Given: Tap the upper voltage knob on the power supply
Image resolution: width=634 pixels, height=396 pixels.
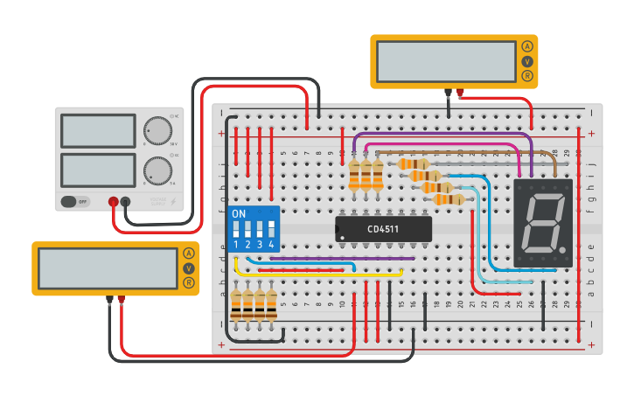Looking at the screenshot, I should pos(158,130).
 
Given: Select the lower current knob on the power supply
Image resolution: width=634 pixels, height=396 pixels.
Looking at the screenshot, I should pos(158,170).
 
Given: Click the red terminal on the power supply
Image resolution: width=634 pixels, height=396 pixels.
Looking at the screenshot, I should pos(114,202).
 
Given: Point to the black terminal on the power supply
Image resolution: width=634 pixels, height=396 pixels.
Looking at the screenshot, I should pos(126,202).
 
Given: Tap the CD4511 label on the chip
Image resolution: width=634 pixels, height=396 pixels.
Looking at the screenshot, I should pos(384,230).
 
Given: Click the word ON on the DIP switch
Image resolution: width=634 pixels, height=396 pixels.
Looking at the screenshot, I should pos(239,214).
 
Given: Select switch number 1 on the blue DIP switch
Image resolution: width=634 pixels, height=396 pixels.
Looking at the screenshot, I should pos(236,231).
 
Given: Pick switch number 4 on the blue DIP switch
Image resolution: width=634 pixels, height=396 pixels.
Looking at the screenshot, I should pos(272,231).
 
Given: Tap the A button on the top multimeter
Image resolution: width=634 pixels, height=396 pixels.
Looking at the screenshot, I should pos(526,46).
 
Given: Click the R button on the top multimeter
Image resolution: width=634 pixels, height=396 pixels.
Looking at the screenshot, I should pos(526,76).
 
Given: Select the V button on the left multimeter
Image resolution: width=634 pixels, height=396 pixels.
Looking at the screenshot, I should pos(188,268).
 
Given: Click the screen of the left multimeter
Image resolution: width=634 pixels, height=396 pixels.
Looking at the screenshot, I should pos(108,268).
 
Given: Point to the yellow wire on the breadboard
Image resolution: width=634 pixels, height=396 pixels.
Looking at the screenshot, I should pos(315,274).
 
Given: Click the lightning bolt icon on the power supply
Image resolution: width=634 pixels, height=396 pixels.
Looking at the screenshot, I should pos(173,201).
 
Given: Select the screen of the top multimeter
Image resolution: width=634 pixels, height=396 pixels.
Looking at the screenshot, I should pos(446,60).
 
